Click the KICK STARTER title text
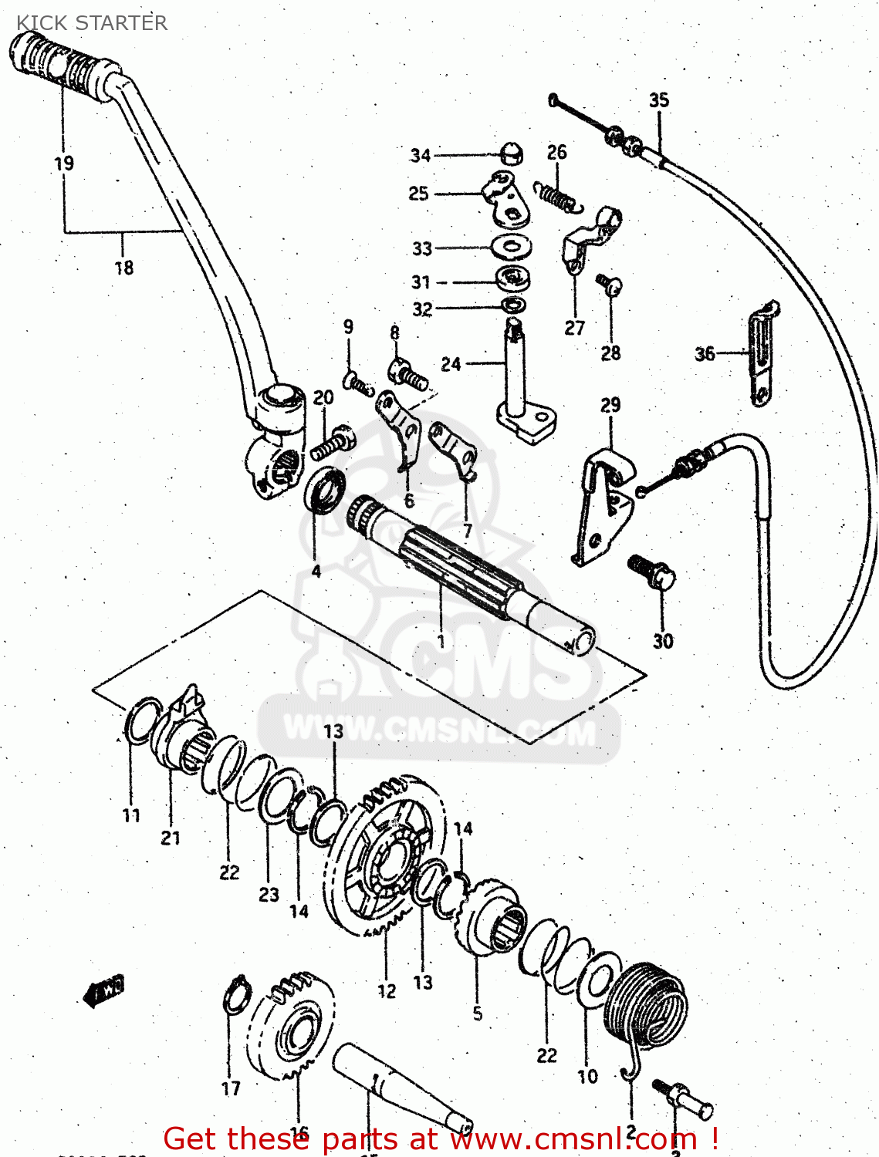[92, 23]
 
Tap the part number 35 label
[658, 100]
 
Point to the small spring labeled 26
[557, 197]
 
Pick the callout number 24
[451, 363]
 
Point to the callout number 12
[387, 991]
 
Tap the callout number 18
[123, 268]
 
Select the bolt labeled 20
[333, 444]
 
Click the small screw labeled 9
[357, 382]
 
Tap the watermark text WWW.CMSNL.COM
[440, 730]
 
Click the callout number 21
[171, 838]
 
